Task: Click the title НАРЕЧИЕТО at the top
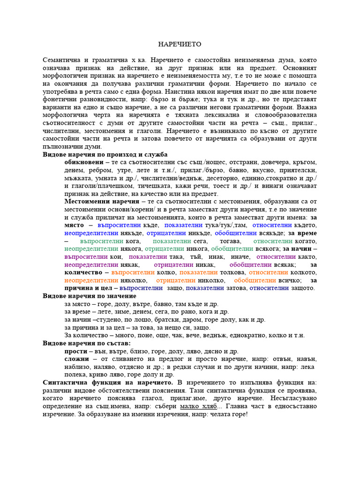coord(180,44)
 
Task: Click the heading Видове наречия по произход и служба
coord(105,155)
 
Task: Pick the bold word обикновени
coord(84,162)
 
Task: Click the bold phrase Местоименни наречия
coord(98,202)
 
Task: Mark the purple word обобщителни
coord(250,265)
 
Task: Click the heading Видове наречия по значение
coord(90,296)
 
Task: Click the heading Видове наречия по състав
coord(87,344)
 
